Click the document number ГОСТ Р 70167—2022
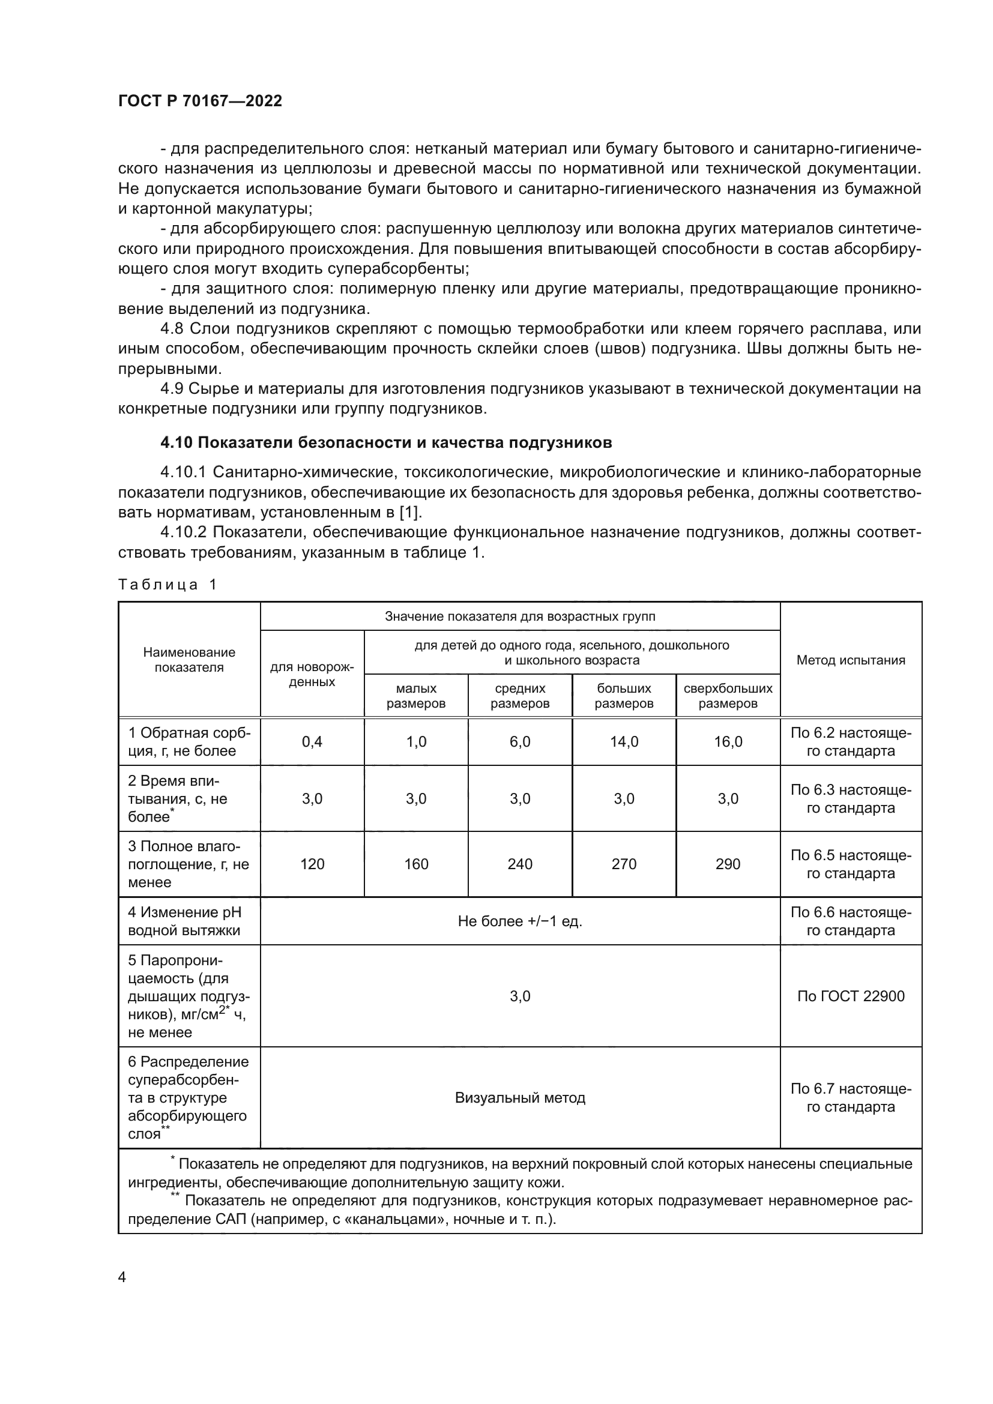pyautogui.click(x=200, y=101)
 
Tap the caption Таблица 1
pyautogui.click(x=168, y=584)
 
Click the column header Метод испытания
pyautogui.click(x=851, y=660)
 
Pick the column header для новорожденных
pyautogui.click(x=312, y=674)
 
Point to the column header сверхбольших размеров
pyautogui.click(x=728, y=695)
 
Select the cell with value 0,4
pyautogui.click(x=312, y=742)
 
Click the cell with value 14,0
pyautogui.click(x=624, y=742)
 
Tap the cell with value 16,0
pyautogui.click(x=728, y=742)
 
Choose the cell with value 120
pyautogui.click(x=312, y=864)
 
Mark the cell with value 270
pyautogui.click(x=624, y=864)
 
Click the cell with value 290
pyautogui.click(x=728, y=864)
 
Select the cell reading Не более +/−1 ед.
pyautogui.click(x=520, y=921)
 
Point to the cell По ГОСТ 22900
pyautogui.click(x=851, y=996)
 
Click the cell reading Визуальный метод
pyautogui.click(x=520, y=1098)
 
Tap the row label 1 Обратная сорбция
pyautogui.click(x=189, y=742)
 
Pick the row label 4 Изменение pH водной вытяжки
pyautogui.click(x=184, y=921)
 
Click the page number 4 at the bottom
pyautogui.click(x=122, y=1277)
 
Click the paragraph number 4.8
pyautogui.click(x=172, y=329)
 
